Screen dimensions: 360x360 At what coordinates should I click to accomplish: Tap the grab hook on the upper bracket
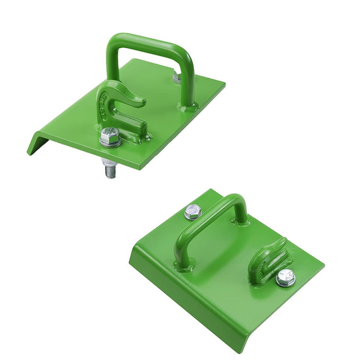coord(119,108)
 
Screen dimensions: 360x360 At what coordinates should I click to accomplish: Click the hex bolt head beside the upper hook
coord(109,134)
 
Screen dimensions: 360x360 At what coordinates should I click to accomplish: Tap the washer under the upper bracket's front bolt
coord(109,143)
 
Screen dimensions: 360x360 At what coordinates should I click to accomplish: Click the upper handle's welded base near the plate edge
coord(186,108)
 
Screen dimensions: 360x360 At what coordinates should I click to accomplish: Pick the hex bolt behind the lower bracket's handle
coord(193,211)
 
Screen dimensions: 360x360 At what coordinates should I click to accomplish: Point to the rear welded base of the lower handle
coord(240,221)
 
